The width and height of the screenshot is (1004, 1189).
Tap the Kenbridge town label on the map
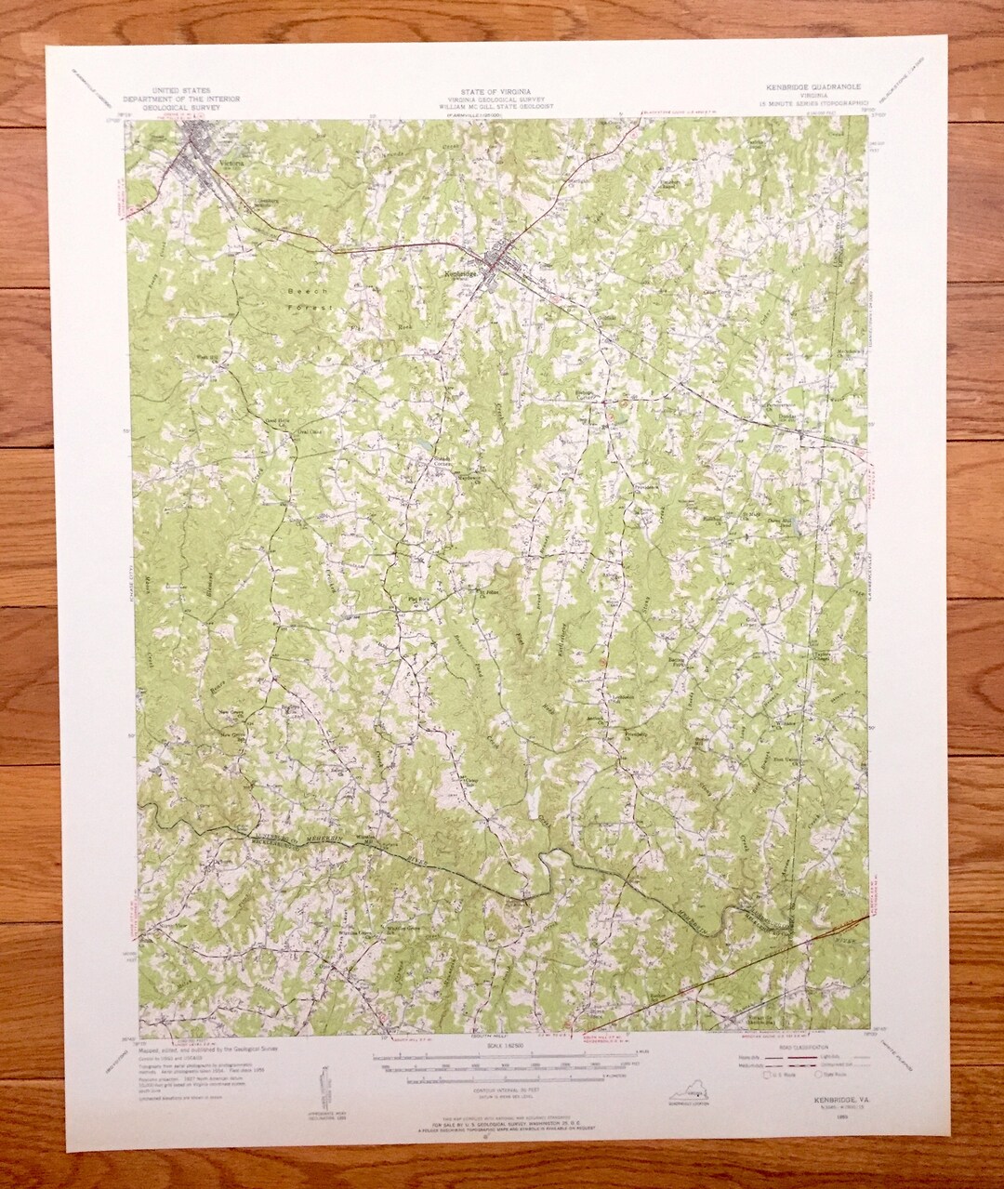pyautogui.click(x=461, y=273)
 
